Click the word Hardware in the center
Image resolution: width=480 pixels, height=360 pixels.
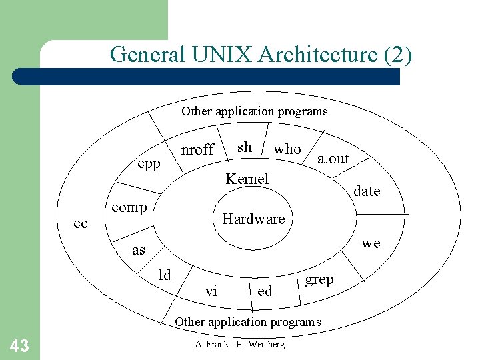(253, 219)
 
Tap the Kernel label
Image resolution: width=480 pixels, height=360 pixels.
(247, 179)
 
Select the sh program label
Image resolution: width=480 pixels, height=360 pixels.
(245, 147)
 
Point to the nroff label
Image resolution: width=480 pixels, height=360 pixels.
(197, 149)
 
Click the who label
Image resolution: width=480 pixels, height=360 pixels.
(287, 149)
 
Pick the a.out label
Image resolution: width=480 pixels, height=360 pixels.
(333, 158)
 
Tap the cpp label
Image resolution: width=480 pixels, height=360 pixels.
(149, 164)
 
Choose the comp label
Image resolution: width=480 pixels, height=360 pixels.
(129, 207)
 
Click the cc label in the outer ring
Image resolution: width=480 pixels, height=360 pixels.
(81, 223)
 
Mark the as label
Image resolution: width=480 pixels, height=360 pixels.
(139, 250)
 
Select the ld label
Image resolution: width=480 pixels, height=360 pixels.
(164, 274)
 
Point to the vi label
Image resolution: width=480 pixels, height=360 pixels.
(211, 291)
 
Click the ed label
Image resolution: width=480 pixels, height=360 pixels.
(265, 291)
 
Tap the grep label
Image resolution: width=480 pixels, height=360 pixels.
(319, 280)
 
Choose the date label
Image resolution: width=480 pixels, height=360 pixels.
(367, 191)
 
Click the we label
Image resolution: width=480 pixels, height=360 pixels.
(371, 243)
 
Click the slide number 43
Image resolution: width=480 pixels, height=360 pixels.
(19, 345)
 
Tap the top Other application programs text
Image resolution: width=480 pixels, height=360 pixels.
(255, 111)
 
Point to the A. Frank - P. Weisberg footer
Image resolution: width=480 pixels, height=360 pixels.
(240, 344)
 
